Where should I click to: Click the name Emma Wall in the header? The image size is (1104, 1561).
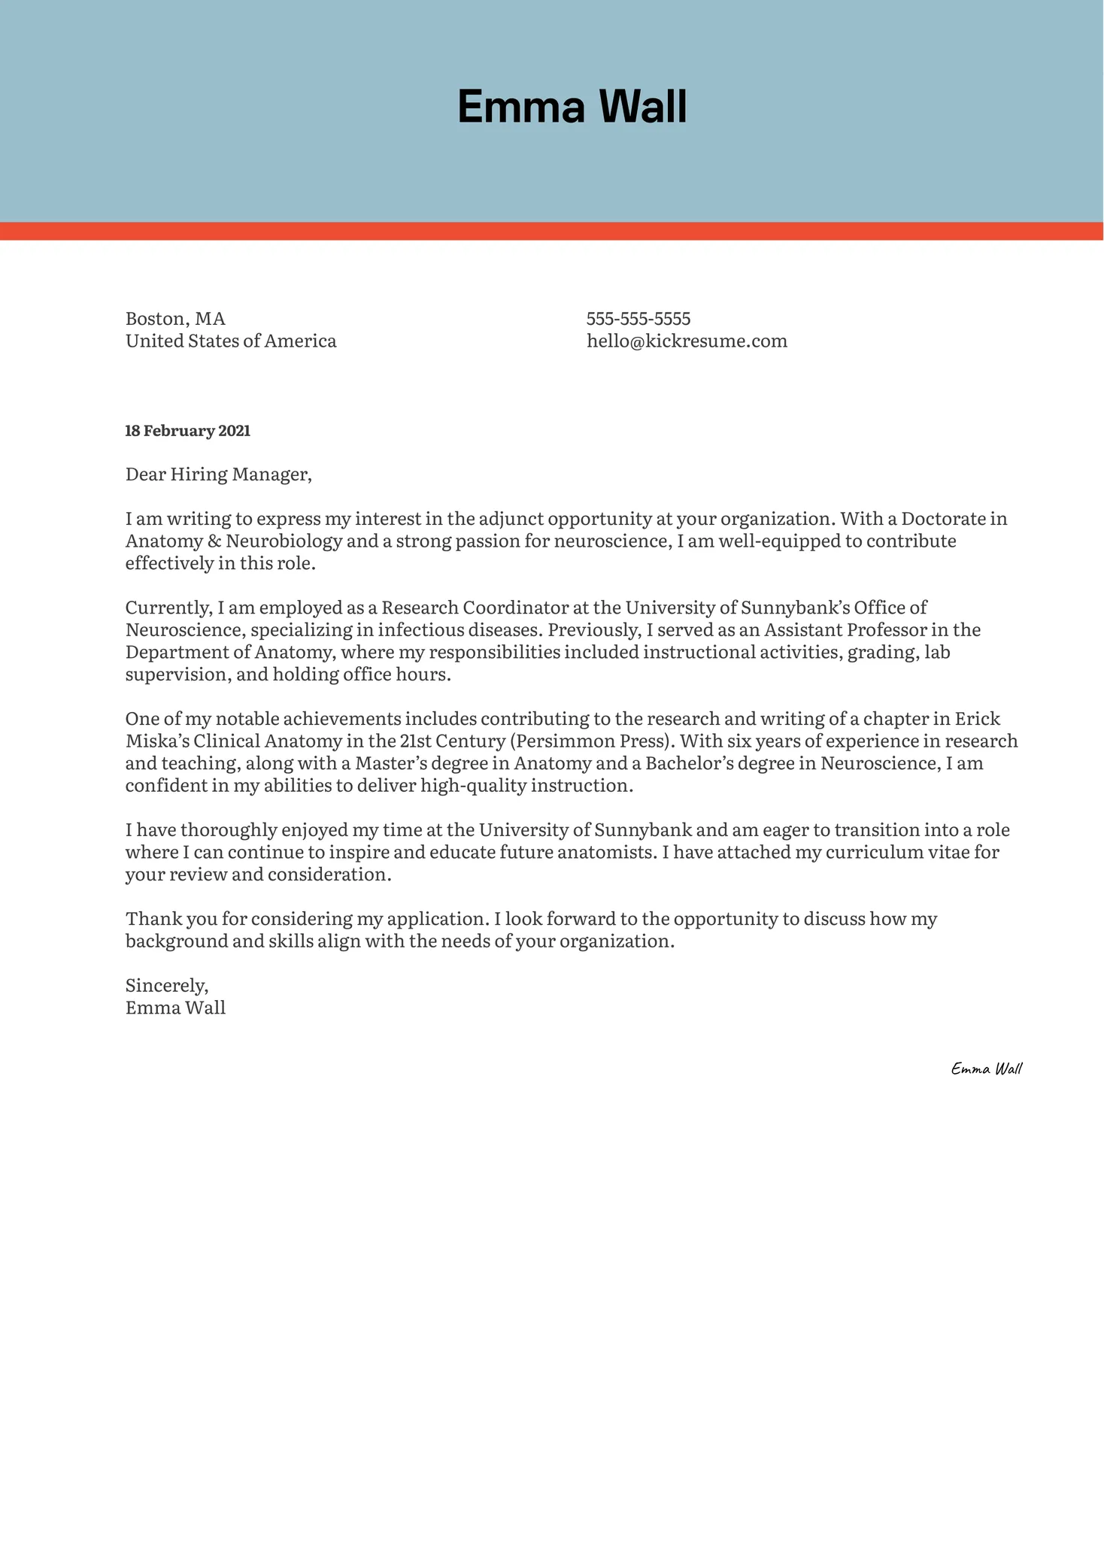click(572, 107)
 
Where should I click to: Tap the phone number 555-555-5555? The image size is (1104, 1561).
click(638, 319)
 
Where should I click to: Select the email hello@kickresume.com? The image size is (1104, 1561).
click(687, 341)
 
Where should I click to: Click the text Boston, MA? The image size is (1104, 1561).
click(175, 319)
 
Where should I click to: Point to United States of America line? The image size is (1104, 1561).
click(231, 341)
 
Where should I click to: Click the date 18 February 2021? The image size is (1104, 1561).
click(187, 431)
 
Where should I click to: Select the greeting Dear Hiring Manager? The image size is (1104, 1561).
click(218, 474)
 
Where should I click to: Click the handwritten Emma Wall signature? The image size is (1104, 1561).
click(986, 1068)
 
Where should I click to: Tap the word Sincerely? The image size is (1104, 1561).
click(166, 986)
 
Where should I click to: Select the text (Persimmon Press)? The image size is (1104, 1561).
click(592, 741)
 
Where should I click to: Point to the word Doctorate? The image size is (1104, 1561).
click(943, 519)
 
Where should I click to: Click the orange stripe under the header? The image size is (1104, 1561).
click(552, 231)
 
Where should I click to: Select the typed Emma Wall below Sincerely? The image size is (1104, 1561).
click(175, 1008)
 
